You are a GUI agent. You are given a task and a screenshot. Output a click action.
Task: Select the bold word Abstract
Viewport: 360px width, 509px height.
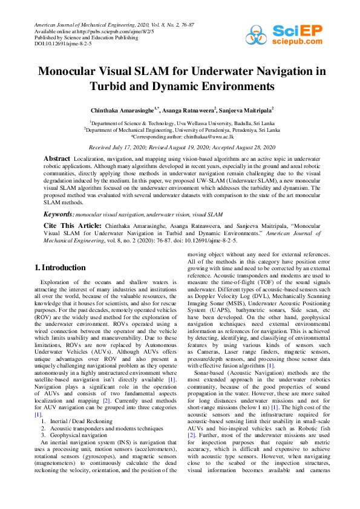(x=57, y=158)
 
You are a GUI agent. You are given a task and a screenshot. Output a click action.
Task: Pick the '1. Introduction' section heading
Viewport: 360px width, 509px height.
(x=61, y=267)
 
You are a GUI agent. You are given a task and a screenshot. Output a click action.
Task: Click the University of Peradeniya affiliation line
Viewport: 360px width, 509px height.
(x=182, y=130)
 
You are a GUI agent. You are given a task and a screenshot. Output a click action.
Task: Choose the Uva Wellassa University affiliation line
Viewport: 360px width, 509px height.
(x=182, y=122)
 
